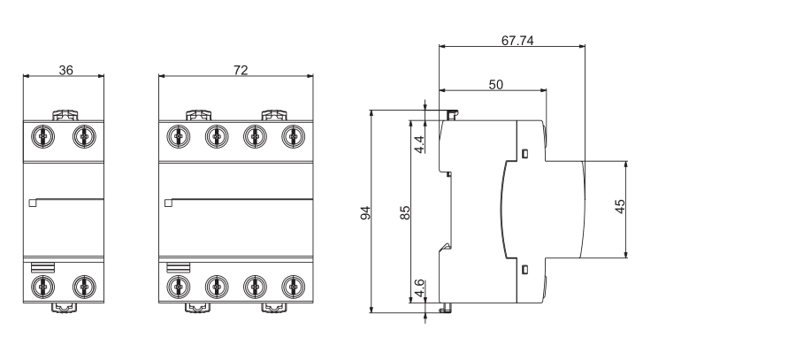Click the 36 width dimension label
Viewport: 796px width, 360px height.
[66, 70]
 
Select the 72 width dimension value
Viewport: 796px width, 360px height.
[241, 70]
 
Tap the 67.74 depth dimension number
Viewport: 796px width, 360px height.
[519, 41]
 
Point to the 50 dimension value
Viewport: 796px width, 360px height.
[496, 83]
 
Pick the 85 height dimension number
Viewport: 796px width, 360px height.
[404, 212]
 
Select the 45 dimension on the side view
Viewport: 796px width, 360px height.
[620, 206]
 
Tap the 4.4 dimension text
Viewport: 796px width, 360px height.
[420, 142]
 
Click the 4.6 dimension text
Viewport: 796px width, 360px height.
[420, 288]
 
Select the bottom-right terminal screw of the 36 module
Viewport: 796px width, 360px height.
[83, 286]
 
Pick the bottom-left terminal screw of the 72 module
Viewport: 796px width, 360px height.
[179, 286]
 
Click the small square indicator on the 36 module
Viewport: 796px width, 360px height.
[33, 203]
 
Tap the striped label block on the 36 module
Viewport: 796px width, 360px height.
[42, 266]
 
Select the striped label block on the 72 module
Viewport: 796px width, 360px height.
[177, 266]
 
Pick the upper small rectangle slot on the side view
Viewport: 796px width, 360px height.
[525, 154]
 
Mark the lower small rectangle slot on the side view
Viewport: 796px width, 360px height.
[525, 269]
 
